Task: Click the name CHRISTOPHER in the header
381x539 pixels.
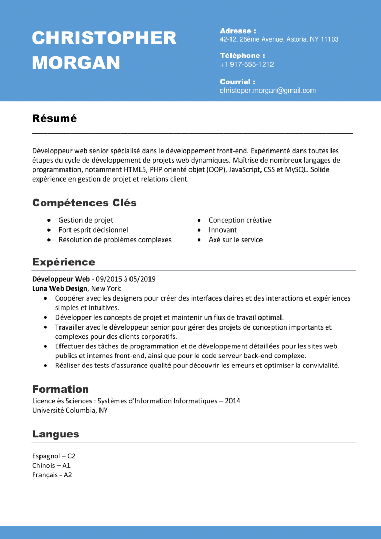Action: click(104, 38)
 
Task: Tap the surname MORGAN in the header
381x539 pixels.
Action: click(76, 63)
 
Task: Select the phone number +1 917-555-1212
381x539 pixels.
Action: click(247, 64)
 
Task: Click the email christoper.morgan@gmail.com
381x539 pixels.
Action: click(268, 91)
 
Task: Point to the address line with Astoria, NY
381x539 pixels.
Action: click(279, 39)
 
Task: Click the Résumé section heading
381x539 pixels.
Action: click(55, 118)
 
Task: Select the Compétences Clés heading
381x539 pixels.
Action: click(84, 203)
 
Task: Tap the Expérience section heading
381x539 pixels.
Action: click(64, 262)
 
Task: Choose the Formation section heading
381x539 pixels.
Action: click(61, 390)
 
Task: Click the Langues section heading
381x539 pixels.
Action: click(56, 434)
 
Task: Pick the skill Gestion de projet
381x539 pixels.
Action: click(86, 220)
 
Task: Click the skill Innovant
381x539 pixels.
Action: click(223, 230)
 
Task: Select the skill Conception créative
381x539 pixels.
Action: click(240, 220)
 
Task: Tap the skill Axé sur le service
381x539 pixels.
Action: click(236, 240)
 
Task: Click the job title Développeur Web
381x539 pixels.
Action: click(61, 279)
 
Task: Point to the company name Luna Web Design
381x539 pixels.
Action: click(60, 288)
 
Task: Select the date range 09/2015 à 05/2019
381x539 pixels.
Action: click(125, 279)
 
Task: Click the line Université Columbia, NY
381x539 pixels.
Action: click(70, 411)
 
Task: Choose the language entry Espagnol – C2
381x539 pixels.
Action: click(54, 456)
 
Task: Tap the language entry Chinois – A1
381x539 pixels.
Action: click(51, 466)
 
